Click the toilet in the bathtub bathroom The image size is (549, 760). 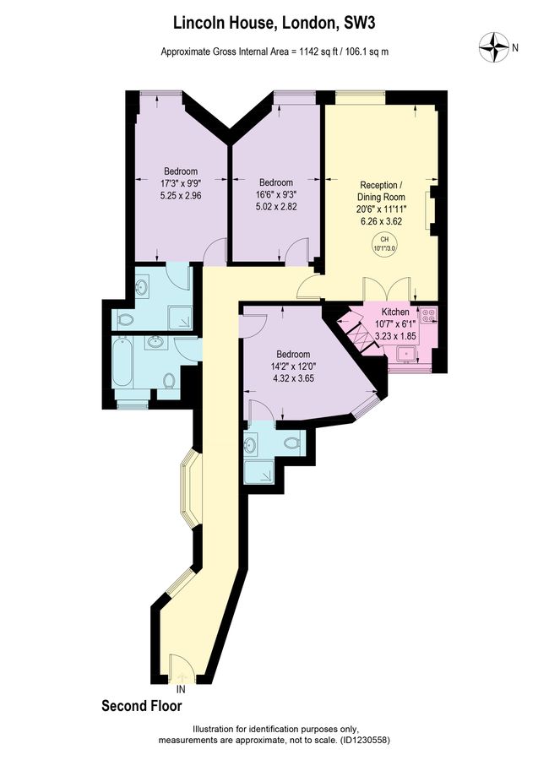coord(169,381)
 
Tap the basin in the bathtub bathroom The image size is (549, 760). coord(154,342)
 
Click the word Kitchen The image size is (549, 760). coord(394,312)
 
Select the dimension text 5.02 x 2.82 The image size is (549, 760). coord(276,205)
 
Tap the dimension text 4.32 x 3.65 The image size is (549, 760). coord(291,378)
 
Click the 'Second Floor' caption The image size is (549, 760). coord(141,705)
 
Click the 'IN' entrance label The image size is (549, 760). coord(180,688)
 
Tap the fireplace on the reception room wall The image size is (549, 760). coord(432,212)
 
